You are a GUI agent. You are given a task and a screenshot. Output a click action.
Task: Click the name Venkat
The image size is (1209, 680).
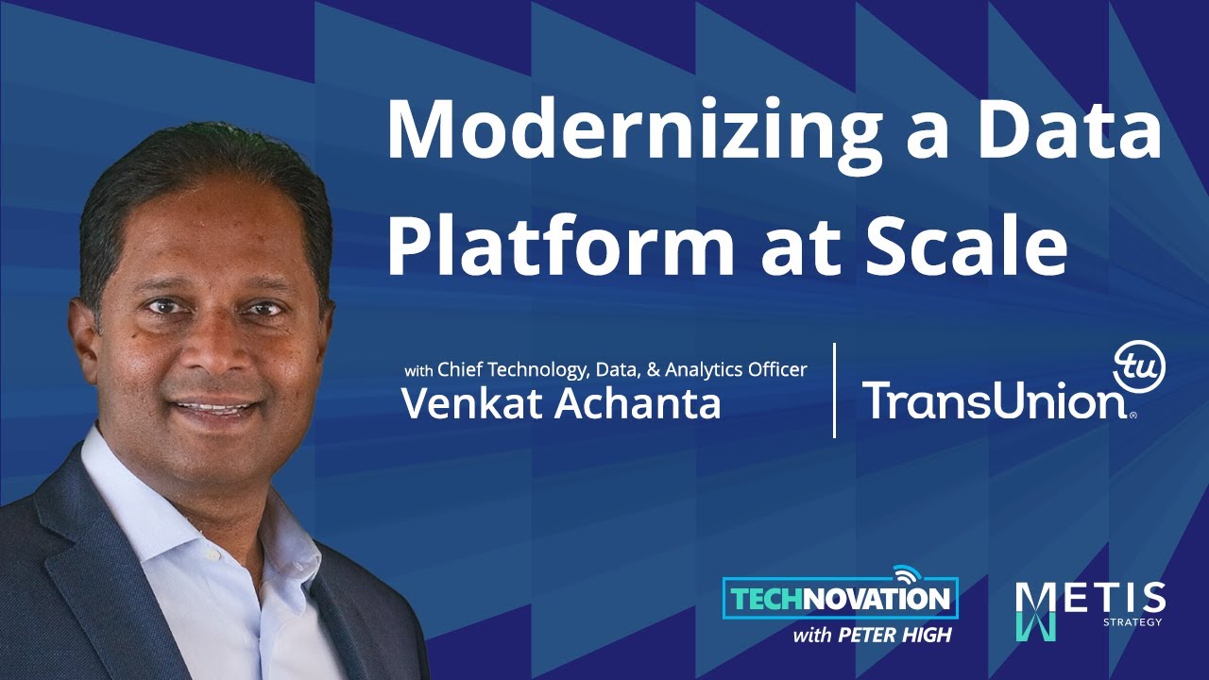pos(472,403)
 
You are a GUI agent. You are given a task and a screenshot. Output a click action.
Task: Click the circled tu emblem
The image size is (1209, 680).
pos(1140,366)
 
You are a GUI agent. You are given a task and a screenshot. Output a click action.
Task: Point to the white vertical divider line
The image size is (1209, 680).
pos(835,390)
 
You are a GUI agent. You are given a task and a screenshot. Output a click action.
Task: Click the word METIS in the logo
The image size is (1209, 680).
pos(1090,599)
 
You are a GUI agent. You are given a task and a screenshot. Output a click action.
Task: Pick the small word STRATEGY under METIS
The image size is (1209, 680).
pos(1132,621)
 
